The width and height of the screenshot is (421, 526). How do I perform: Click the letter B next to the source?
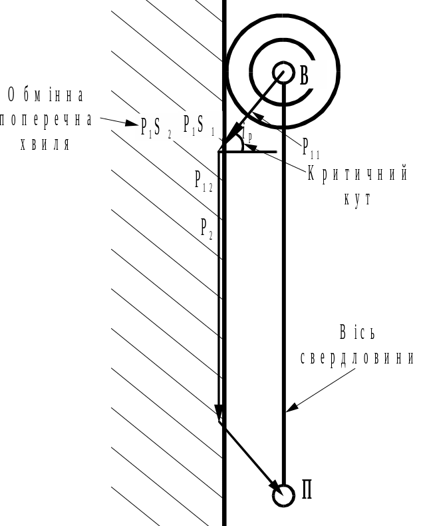point(305,75)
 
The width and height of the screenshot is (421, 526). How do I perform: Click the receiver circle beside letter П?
point(283,495)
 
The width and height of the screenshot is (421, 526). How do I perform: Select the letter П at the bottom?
point(307,491)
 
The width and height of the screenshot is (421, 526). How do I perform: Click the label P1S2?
point(156,126)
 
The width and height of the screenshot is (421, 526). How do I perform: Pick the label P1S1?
point(199,125)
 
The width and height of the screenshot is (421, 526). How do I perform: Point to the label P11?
point(311,147)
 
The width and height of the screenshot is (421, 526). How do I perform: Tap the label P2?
point(207,228)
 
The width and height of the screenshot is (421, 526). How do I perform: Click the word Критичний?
point(356,174)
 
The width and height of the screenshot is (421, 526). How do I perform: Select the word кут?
point(356,200)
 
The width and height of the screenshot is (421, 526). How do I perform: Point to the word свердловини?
point(357,357)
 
